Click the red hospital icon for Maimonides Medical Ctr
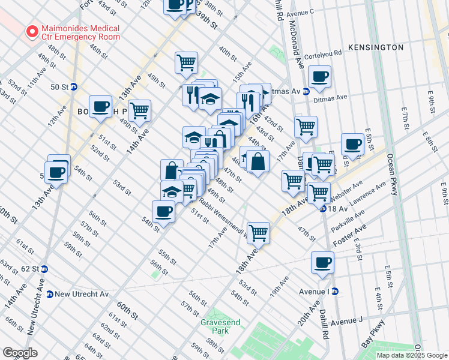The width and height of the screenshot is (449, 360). tap(29, 32)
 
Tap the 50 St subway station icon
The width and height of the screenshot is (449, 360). tap(74, 86)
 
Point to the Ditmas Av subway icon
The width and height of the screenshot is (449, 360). tap(306, 91)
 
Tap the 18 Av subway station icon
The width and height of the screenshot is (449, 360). tap(322, 209)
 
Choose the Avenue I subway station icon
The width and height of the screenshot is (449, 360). tap(335, 291)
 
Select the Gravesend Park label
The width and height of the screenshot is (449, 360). tap(220, 326)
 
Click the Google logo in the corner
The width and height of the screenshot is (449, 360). tap(20, 353)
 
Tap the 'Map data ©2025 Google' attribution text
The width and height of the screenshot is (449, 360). tap(412, 355)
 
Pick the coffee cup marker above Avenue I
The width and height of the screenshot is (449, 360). tap(322, 262)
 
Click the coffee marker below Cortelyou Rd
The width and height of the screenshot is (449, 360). tap(319, 77)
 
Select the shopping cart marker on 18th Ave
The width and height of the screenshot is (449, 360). tap(258, 232)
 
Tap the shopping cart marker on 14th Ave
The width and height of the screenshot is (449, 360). tap(139, 110)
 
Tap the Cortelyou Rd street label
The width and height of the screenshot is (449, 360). tap(322, 52)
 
